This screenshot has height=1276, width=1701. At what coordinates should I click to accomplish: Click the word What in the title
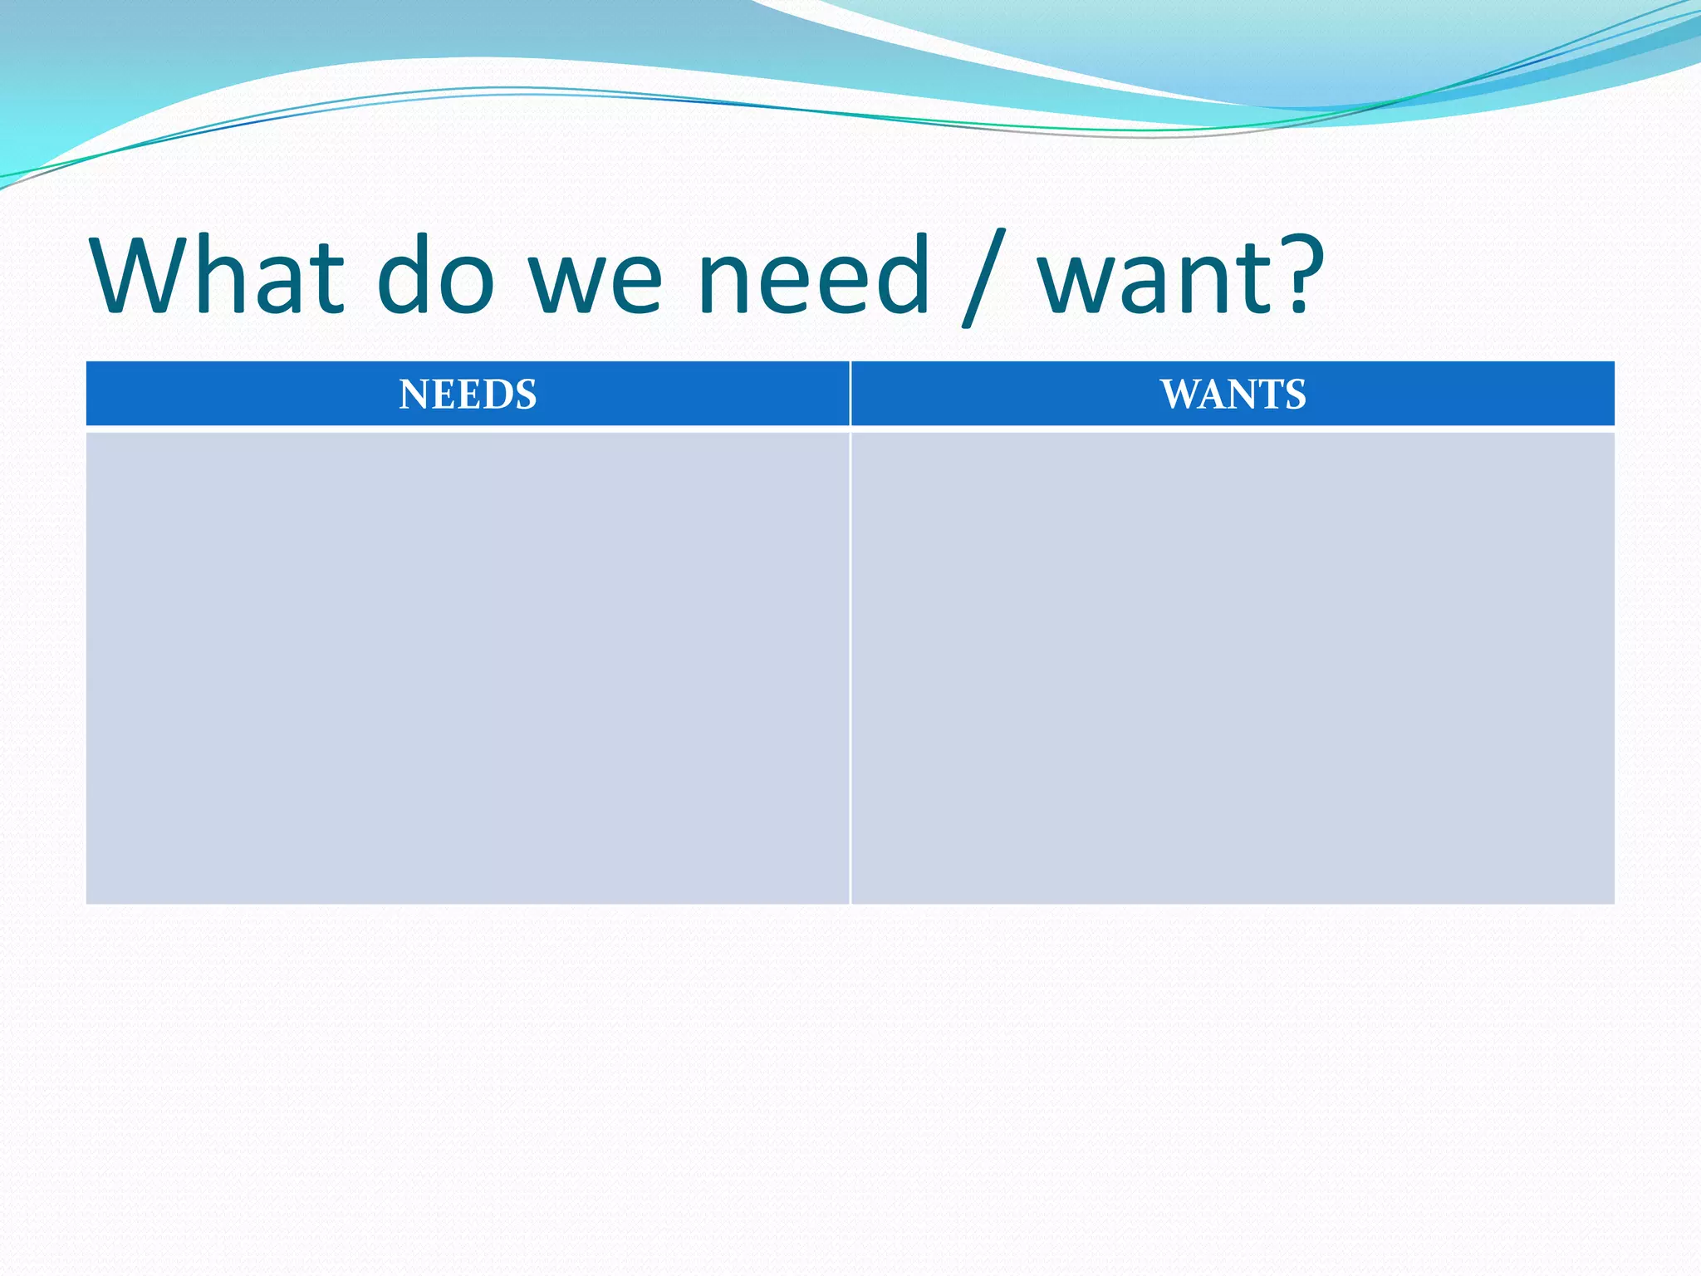(x=218, y=275)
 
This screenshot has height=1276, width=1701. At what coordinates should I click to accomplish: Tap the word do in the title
(x=436, y=275)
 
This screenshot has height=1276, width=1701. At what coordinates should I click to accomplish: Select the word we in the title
(x=596, y=282)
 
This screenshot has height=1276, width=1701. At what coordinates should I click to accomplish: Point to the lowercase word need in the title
(x=814, y=275)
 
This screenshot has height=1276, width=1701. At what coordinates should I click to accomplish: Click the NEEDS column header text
(x=468, y=395)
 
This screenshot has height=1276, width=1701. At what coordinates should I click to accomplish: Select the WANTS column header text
(x=1233, y=395)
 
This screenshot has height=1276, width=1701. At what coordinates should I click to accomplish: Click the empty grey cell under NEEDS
(x=468, y=667)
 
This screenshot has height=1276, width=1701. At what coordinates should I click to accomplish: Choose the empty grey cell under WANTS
(x=1233, y=667)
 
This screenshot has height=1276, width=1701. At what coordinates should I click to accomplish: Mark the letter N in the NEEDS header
(x=414, y=395)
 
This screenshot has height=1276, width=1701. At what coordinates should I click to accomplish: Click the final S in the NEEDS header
(x=527, y=395)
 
